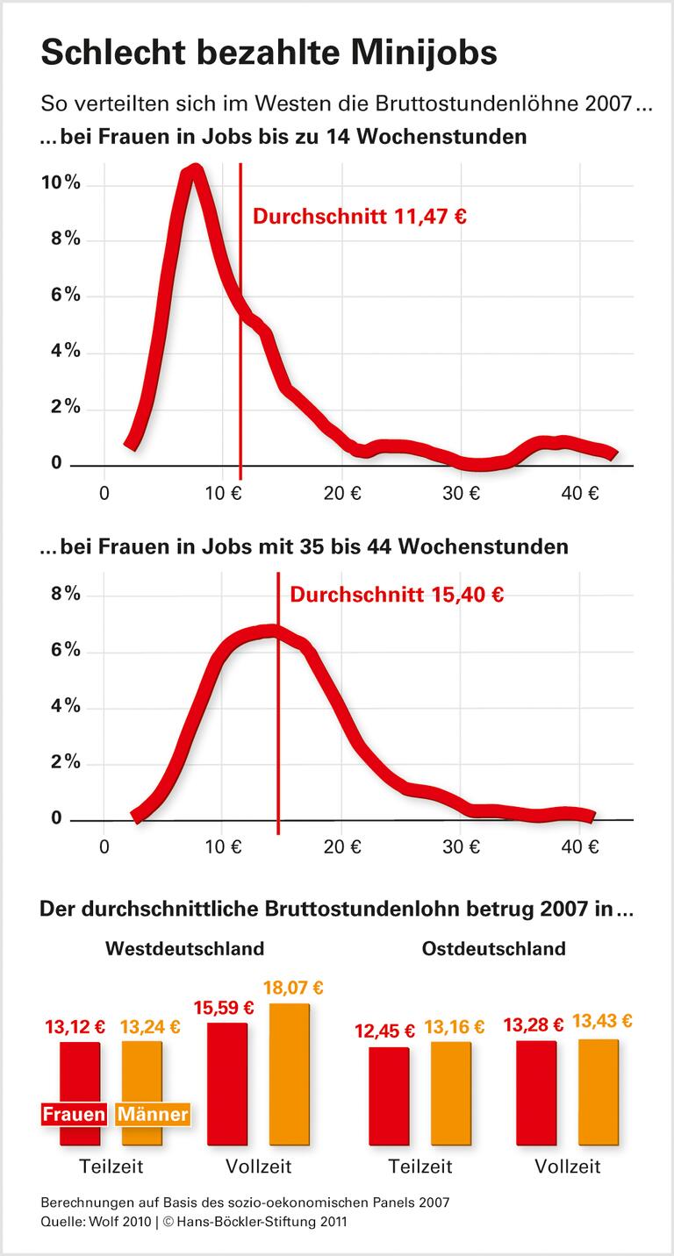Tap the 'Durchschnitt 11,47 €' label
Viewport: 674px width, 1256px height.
[360, 217]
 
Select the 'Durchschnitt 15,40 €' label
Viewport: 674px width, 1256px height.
[397, 595]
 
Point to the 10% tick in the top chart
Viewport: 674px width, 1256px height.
[61, 183]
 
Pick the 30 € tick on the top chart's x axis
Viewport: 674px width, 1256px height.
[461, 493]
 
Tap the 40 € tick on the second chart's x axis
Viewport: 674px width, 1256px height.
[579, 847]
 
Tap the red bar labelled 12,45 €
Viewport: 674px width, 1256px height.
[389, 1095]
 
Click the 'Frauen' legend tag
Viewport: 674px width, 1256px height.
[75, 1115]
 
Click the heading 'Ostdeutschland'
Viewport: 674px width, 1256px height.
[493, 949]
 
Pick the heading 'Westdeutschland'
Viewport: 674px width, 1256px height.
[184, 949]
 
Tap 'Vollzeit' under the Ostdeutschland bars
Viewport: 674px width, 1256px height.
[567, 1167]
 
